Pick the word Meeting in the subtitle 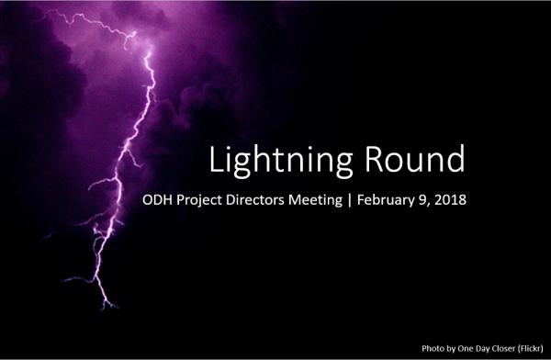[338, 200]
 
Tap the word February [408, 200]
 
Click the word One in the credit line [460, 349]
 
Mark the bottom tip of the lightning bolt [114, 308]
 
